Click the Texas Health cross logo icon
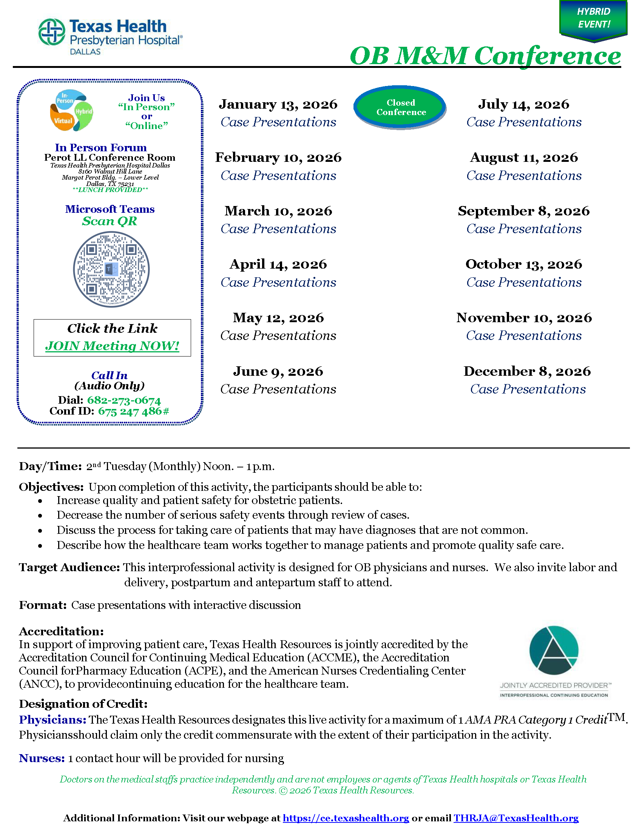point(52,32)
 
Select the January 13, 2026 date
point(278,104)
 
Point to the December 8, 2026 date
point(527,371)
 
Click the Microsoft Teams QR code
point(111,269)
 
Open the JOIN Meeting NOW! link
point(112,346)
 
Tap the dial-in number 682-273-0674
point(123,400)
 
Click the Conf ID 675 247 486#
point(133,411)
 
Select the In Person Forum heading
point(101,148)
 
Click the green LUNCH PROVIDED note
point(110,190)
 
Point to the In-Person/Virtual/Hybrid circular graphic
point(71,110)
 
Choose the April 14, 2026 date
point(278,264)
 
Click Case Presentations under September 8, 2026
point(524,229)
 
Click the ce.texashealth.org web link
point(346,818)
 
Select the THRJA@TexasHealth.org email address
point(516,818)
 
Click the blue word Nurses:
point(42,758)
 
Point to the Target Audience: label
point(69,567)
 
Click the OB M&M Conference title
point(485,56)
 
